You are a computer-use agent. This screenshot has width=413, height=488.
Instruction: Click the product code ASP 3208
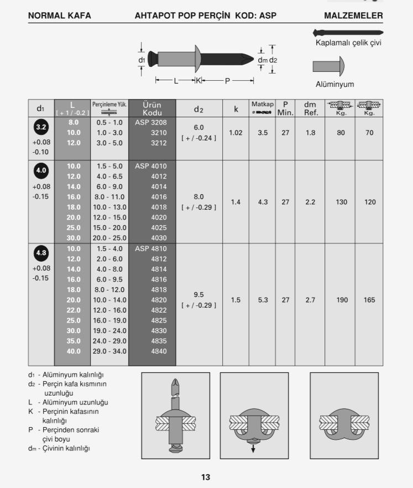click(151, 122)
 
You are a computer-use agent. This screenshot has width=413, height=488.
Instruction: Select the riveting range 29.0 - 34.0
click(109, 351)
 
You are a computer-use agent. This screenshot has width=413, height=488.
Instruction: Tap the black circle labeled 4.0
click(41, 170)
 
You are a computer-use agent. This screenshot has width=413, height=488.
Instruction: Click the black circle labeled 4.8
click(41, 253)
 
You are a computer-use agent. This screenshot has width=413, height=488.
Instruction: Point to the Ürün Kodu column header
click(152, 108)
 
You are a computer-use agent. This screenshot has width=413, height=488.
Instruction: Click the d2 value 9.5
click(198, 294)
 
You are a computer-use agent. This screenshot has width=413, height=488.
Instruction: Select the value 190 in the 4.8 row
click(342, 300)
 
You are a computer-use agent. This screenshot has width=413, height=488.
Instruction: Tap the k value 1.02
click(236, 133)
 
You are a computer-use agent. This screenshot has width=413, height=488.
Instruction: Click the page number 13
click(206, 477)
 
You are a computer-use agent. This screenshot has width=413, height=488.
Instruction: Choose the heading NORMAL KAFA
click(59, 16)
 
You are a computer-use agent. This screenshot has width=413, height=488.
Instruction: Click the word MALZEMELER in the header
click(353, 16)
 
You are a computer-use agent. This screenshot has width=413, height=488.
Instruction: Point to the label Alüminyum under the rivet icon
click(334, 85)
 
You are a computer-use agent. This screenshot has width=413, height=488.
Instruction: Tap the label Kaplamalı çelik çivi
click(348, 43)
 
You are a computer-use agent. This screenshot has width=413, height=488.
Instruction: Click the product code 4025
click(159, 228)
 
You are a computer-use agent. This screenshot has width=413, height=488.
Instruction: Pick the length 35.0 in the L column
click(74, 341)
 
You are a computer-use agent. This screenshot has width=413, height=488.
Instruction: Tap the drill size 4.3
click(263, 202)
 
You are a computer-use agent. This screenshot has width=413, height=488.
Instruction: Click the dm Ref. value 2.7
click(310, 300)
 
